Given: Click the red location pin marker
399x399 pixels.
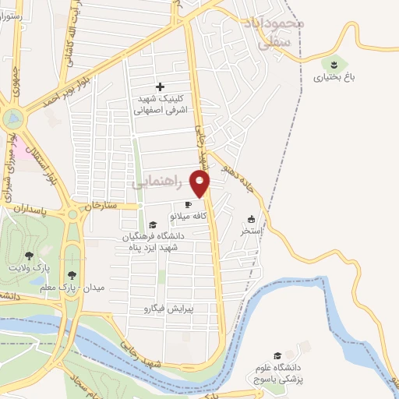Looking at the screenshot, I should click(x=200, y=183).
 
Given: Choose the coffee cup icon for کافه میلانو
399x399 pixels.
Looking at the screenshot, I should click(x=187, y=205).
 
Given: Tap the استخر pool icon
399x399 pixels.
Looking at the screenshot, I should click(x=251, y=220).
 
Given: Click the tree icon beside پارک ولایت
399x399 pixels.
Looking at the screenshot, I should click(x=29, y=255).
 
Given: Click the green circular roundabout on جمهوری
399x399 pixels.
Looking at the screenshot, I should click(x=13, y=119).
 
